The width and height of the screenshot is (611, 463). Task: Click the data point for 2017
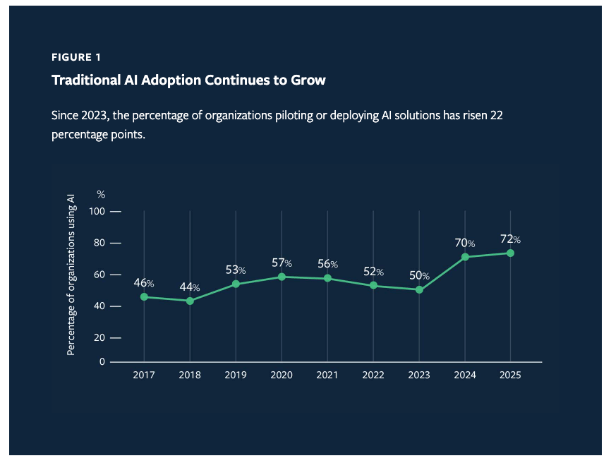(144, 297)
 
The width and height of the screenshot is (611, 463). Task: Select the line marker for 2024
(465, 257)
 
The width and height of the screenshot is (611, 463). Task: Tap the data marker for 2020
(282, 277)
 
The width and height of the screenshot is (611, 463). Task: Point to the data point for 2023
(419, 289)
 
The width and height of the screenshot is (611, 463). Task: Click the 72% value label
(511, 240)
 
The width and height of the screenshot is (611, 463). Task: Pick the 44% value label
(190, 287)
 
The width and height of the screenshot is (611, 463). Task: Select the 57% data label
(282, 263)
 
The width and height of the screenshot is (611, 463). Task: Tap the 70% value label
(465, 243)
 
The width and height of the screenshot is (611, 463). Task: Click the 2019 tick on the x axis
(236, 375)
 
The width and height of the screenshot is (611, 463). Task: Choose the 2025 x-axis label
(510, 375)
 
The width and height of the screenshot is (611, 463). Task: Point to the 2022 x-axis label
(373, 375)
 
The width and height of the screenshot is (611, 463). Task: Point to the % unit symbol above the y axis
(101, 194)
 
